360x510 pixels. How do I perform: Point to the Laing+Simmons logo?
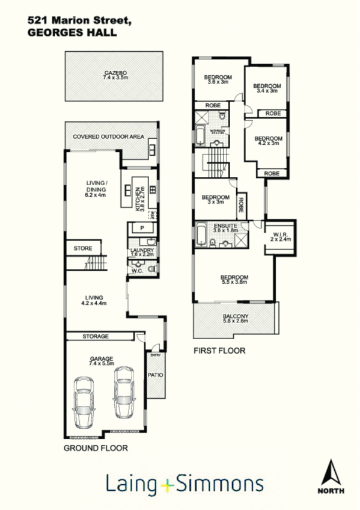click(185, 484)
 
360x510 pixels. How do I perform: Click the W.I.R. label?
click(280, 236)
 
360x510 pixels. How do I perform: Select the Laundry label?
click(142, 251)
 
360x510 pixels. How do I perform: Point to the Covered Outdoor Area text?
click(108, 137)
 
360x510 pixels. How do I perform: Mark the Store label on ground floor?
click(82, 248)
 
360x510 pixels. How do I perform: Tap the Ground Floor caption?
click(96, 448)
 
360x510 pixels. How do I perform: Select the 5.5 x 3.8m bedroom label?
click(234, 280)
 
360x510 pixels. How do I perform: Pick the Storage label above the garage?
click(96, 336)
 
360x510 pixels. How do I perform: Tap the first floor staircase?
click(215, 164)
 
